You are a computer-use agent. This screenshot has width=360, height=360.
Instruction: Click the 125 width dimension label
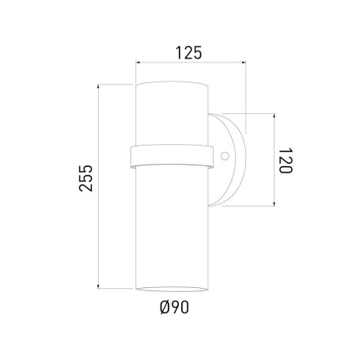click(x=188, y=52)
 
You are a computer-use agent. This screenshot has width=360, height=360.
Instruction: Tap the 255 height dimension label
click(x=86, y=178)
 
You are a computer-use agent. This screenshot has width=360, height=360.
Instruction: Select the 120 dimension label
click(x=286, y=161)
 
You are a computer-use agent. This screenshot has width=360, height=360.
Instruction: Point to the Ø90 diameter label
click(x=175, y=307)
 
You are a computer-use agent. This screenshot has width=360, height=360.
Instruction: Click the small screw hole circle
click(x=225, y=156)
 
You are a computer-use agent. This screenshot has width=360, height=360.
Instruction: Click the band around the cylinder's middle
click(x=172, y=156)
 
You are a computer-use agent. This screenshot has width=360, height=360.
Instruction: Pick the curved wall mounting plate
click(x=227, y=160)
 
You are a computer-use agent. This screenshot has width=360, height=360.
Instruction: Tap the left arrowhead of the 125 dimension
click(x=137, y=63)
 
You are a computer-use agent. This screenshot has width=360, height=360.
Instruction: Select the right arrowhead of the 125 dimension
click(x=244, y=63)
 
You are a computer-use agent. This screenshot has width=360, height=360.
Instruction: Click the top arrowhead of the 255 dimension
click(x=98, y=86)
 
